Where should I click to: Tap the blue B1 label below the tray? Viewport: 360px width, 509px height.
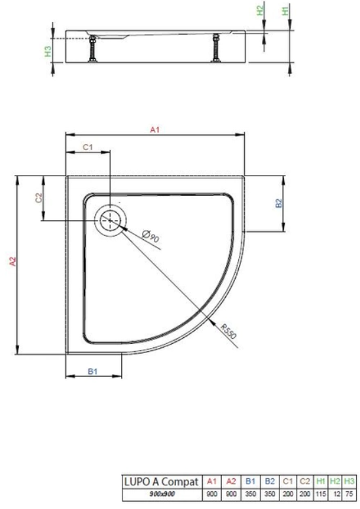pyautogui.click(x=93, y=371)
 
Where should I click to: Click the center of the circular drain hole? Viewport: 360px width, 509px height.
pyautogui.click(x=111, y=221)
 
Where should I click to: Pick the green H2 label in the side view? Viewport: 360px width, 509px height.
pyautogui.click(x=261, y=10)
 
